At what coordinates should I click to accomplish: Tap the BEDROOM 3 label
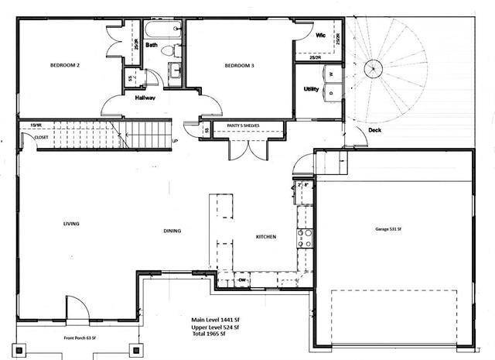pyautogui.click(x=239, y=66)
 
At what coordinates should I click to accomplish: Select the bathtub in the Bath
pyautogui.click(x=161, y=32)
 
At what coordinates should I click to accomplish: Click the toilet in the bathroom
pyautogui.click(x=177, y=51)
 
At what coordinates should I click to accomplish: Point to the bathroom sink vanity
pyautogui.click(x=175, y=70)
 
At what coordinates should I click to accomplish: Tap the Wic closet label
pyautogui.click(x=319, y=36)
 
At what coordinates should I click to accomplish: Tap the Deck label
pyautogui.click(x=374, y=130)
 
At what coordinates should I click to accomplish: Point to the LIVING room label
pyautogui.click(x=72, y=224)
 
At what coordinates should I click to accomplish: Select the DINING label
pyautogui.click(x=172, y=231)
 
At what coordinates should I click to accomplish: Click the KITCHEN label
pyautogui.click(x=266, y=236)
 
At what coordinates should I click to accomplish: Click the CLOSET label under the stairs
pyautogui.click(x=41, y=138)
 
